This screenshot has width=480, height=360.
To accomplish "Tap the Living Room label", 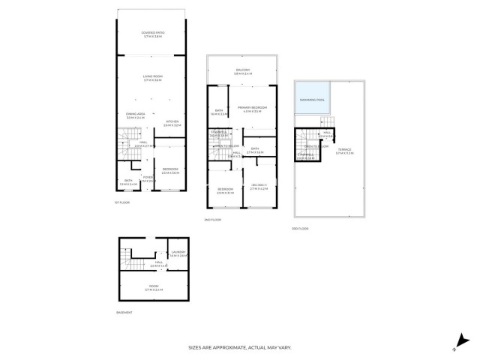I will pyautogui.click(x=153, y=78).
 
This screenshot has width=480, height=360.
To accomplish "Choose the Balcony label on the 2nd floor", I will pyautogui.click(x=242, y=71).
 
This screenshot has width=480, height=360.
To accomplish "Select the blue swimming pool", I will pyautogui.click(x=310, y=98).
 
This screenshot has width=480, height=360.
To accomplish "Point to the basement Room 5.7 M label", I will pyautogui.click(x=153, y=287).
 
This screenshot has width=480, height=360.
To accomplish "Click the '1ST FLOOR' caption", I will pyautogui.click(x=122, y=202).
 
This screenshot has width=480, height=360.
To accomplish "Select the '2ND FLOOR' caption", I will pyautogui.click(x=212, y=220).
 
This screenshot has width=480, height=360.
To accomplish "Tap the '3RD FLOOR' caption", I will pyautogui.click(x=300, y=228).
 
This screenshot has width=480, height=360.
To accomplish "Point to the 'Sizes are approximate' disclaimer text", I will pyautogui.click(x=239, y=347).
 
